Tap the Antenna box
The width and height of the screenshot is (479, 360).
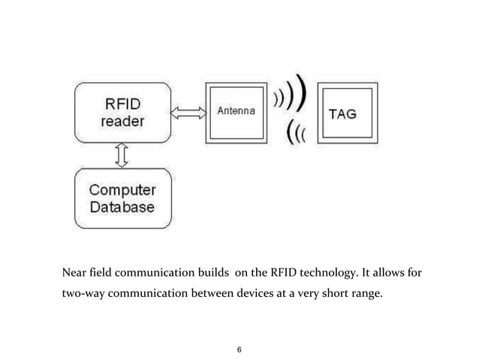pyautogui.click(x=236, y=112)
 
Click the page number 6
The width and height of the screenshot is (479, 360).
pyautogui.click(x=239, y=349)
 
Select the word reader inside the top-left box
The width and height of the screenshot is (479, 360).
pyautogui.click(x=123, y=123)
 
